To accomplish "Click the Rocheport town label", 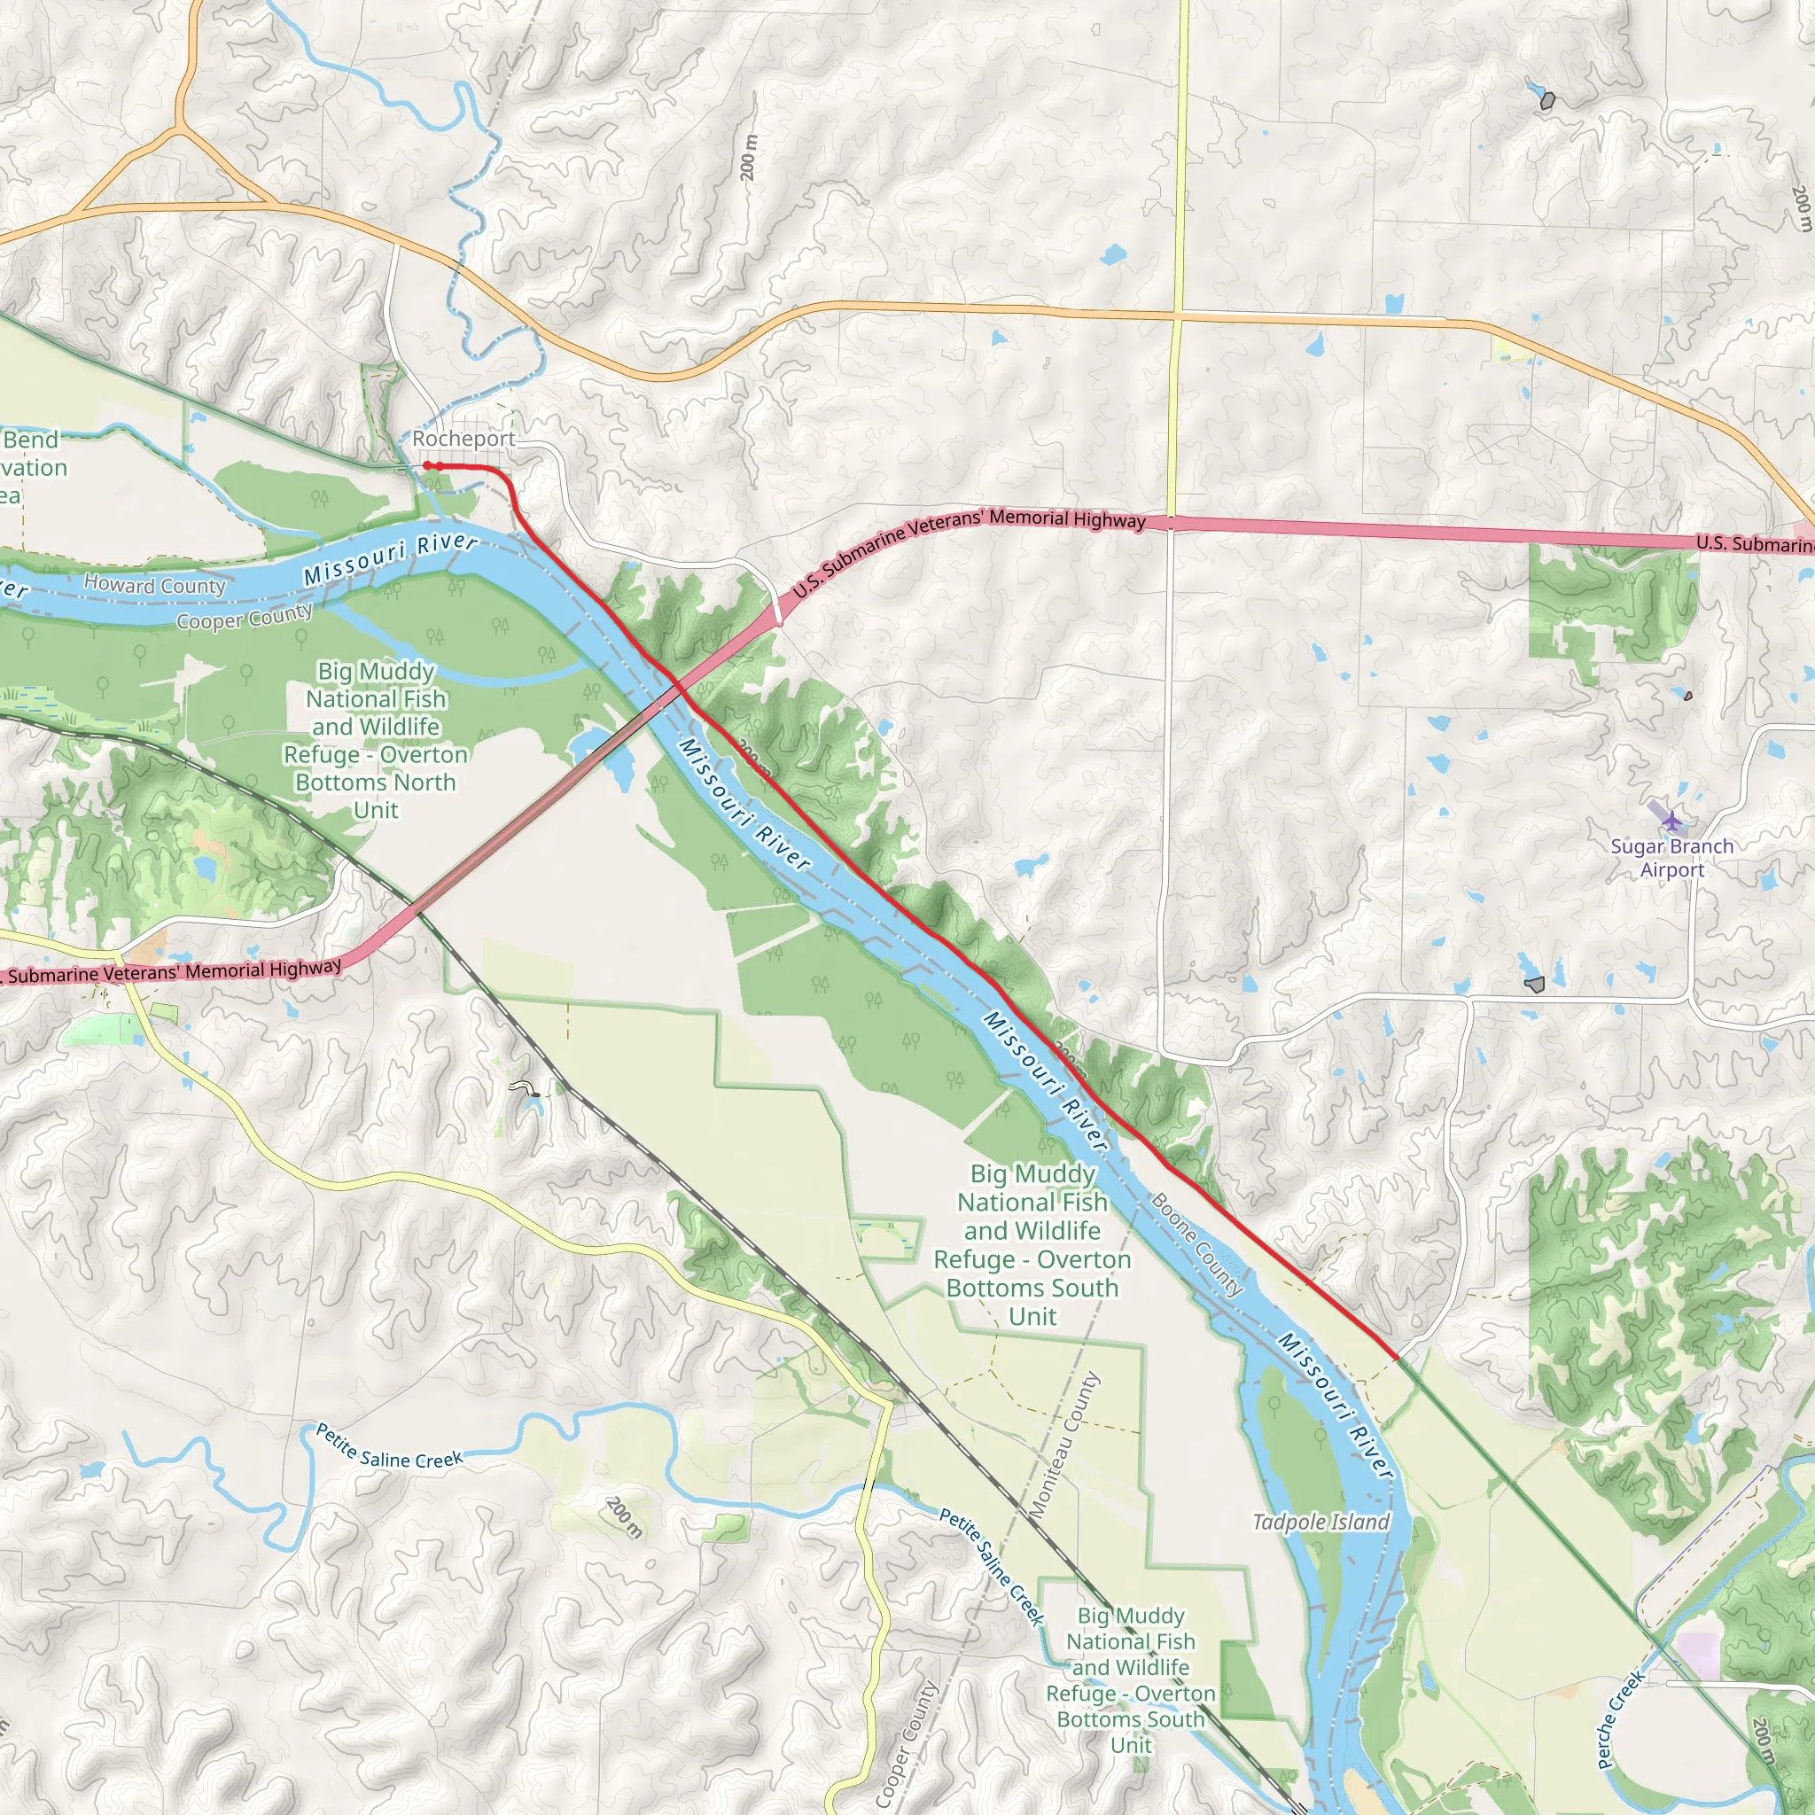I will [463, 439].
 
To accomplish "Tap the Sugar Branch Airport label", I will [1671, 858].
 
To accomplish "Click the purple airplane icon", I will [1671, 821].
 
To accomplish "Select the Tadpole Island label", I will [1320, 1522].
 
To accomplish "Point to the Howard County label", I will [155, 585].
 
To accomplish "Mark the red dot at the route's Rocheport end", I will [426, 465].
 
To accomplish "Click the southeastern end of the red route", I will [1396, 1358].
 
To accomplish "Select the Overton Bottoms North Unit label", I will [376, 740].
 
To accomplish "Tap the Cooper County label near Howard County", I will [245, 617].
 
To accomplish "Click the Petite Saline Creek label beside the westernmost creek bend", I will [389, 1446].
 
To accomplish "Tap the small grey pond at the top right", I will [1547, 100].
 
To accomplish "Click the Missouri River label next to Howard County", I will [390, 559].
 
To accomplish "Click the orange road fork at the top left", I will [178, 127].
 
